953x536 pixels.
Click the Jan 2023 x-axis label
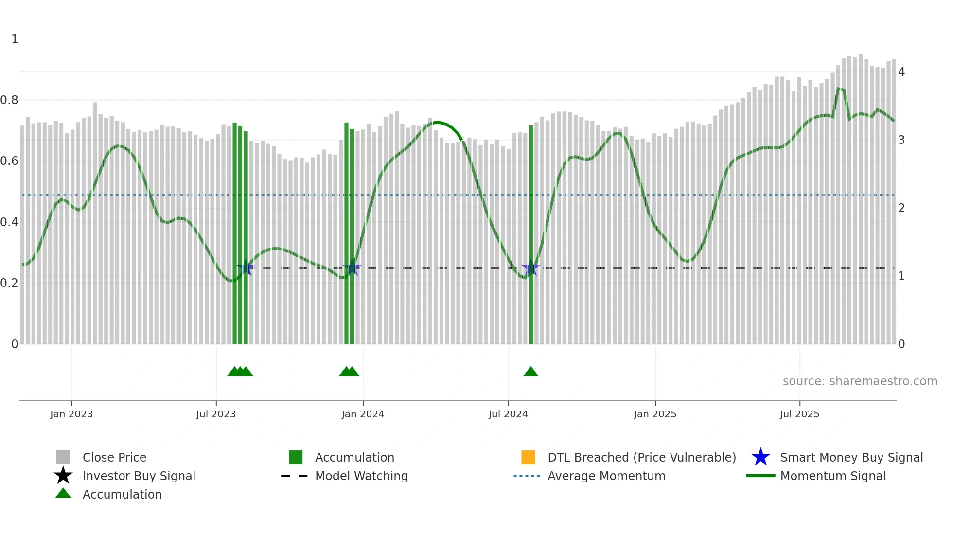pyautogui.click(x=71, y=414)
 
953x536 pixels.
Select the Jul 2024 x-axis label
pyautogui.click(x=508, y=414)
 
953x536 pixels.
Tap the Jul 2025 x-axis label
pyautogui.click(x=799, y=414)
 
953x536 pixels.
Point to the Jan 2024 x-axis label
pyautogui.click(x=363, y=414)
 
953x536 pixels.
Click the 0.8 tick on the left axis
pyautogui.click(x=9, y=100)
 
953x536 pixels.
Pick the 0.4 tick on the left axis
pyautogui.click(x=9, y=222)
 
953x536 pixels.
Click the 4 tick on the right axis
pyautogui.click(x=901, y=72)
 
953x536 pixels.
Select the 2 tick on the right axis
pyautogui.click(x=901, y=208)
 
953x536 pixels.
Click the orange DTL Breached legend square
pyautogui.click(x=528, y=457)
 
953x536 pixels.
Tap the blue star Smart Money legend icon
pyautogui.click(x=760, y=457)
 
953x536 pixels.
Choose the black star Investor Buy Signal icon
pyautogui.click(x=63, y=476)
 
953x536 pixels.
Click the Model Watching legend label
pyautogui.click(x=361, y=476)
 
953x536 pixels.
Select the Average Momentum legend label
pyautogui.click(x=606, y=476)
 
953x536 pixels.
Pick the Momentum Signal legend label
pyautogui.click(x=833, y=476)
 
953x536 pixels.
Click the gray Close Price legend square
pyautogui.click(x=63, y=457)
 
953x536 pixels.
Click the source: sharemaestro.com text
pyautogui.click(x=860, y=381)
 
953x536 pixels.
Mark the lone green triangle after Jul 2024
pyautogui.click(x=531, y=372)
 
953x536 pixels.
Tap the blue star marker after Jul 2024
pyautogui.click(x=530, y=269)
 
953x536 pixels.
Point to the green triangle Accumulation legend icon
pyautogui.click(x=63, y=493)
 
